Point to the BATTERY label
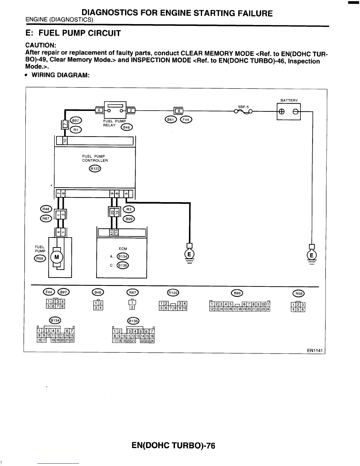[289, 100]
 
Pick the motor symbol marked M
[57, 257]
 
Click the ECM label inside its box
[123, 249]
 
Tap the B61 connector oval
[170, 119]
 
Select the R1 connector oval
[76, 129]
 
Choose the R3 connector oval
[129, 209]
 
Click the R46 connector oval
[46, 209]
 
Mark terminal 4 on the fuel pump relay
[99, 110]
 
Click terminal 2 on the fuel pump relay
[131, 110]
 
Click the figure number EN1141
[315, 350]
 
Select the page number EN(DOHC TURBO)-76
[174, 446]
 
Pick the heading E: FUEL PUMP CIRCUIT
[73, 33]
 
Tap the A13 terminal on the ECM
[112, 232]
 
